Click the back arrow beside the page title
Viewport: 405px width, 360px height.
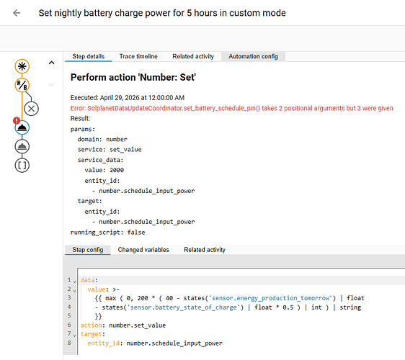[x=17, y=13]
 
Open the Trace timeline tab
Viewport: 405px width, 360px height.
[x=138, y=56]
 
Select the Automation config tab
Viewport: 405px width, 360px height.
[x=253, y=56]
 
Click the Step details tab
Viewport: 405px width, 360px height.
[x=89, y=56]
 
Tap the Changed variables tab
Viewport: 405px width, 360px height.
[x=143, y=250]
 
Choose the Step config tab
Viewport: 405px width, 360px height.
[x=88, y=250]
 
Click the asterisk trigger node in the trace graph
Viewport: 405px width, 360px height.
[x=22, y=66]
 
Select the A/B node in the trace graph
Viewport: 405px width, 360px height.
[x=22, y=85]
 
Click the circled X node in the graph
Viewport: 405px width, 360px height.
[x=31, y=109]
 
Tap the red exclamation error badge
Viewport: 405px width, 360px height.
[x=17, y=120]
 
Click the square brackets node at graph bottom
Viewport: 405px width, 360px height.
[x=22, y=166]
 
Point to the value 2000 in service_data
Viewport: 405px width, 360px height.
[x=117, y=170]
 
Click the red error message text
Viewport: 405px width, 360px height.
[x=232, y=108]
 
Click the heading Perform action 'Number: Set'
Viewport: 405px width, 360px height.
[x=133, y=78]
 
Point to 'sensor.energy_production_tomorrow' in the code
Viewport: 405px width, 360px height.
[x=271, y=298]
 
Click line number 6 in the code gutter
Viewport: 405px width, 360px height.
[x=69, y=325]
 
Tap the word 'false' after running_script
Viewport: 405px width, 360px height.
[x=136, y=233]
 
